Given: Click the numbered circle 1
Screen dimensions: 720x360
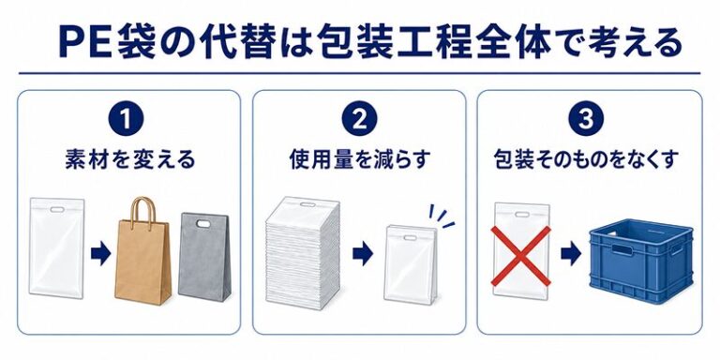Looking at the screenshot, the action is tap(126, 118).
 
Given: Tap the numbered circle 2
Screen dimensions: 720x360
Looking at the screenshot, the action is tap(360, 118).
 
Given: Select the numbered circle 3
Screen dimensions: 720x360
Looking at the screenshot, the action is tap(585, 118).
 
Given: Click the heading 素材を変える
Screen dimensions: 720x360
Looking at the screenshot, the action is tap(130, 159).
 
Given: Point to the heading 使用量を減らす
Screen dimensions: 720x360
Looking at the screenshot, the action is tap(360, 159).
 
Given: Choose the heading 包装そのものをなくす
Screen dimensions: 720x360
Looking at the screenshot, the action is tap(586, 159).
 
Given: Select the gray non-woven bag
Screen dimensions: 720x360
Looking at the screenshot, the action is tap(204, 256).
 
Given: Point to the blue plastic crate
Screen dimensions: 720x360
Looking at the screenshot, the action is tap(641, 261).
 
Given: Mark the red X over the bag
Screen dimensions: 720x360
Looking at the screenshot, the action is tap(521, 256).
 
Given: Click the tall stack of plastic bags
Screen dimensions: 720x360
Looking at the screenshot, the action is tap(303, 253).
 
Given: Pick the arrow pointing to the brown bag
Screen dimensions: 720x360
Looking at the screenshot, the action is tap(100, 253).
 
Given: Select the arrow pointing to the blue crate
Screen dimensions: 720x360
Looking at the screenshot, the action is tap(571, 254).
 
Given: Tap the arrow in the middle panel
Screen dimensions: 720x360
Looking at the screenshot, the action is tap(363, 254).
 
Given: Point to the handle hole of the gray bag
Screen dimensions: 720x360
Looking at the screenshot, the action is tap(202, 224).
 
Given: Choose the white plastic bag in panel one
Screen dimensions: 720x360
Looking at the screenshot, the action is tap(57, 247).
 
